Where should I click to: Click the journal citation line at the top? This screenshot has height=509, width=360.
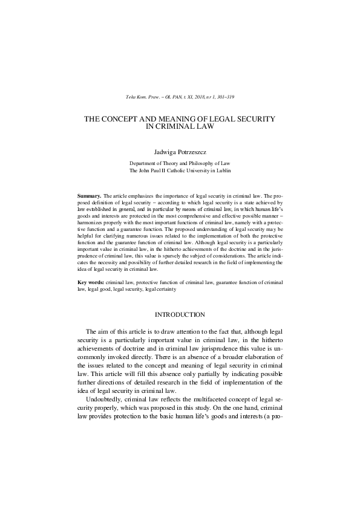180,97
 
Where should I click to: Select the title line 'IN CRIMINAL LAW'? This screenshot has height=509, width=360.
180,127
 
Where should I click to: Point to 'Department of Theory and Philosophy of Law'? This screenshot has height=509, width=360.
180,163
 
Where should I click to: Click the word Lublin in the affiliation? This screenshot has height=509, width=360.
221,171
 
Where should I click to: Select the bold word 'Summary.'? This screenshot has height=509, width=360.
90,197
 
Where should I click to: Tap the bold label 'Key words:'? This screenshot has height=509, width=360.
90,282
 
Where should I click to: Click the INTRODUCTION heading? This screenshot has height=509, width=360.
180,314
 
